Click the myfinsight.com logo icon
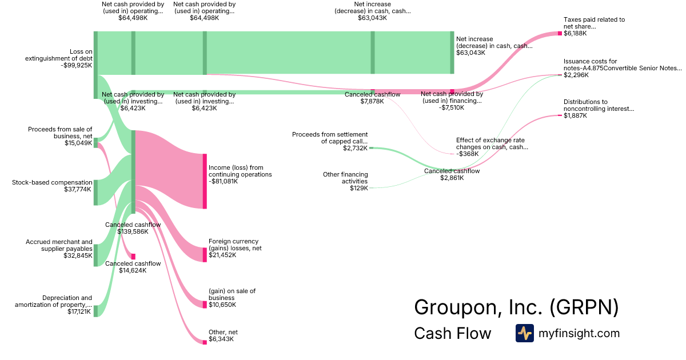[x=524, y=333]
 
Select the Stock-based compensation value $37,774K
[x=78, y=189]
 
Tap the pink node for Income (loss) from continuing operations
[x=205, y=181]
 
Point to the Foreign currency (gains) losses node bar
[x=205, y=255]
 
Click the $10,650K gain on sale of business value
[x=222, y=305]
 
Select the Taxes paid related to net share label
[x=594, y=23]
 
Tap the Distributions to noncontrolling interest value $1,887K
[x=575, y=115]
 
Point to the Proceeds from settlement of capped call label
[x=330, y=138]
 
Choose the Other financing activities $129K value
[x=359, y=188]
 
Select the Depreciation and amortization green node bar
[x=95, y=311]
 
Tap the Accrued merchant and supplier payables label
[x=59, y=245]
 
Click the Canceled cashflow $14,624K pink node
[x=134, y=257]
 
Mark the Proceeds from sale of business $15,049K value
[x=78, y=143]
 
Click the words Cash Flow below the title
[x=452, y=333]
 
